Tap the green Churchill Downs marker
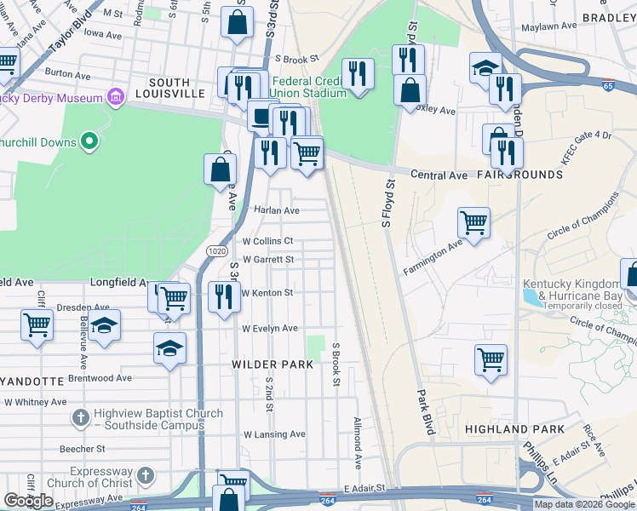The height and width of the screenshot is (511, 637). click(x=89, y=141)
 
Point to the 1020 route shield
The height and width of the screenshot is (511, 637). click(x=216, y=250)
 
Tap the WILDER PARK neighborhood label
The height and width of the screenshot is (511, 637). click(x=273, y=364)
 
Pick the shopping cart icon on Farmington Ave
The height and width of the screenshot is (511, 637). click(x=474, y=223)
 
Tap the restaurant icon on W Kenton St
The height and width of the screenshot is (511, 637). click(x=224, y=297)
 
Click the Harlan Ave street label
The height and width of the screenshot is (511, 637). click(x=277, y=210)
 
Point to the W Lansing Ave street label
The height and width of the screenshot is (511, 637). click(x=274, y=434)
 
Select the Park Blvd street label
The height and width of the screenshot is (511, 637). click(x=425, y=413)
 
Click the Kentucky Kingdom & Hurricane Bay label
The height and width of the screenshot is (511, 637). click(x=571, y=289)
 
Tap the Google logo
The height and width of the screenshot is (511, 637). click(x=29, y=500)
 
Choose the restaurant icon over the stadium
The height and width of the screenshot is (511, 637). click(x=358, y=74)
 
